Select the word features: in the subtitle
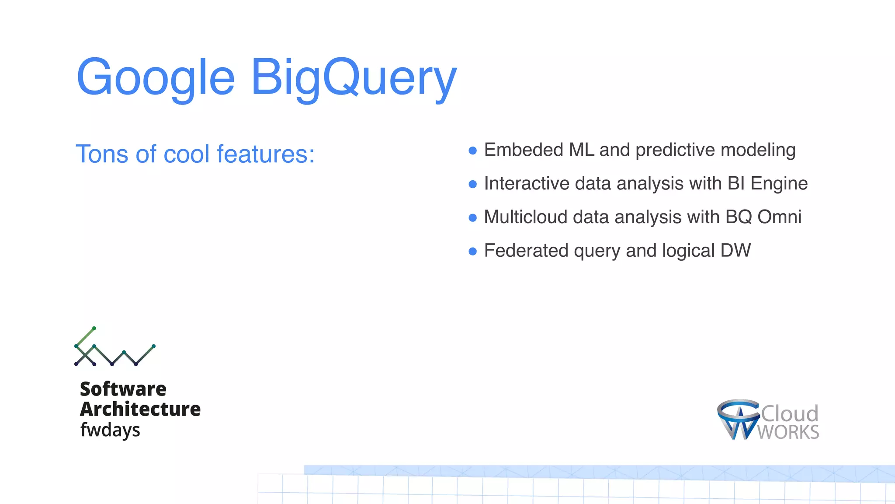265,154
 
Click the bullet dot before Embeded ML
472,150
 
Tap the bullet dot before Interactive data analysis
472,184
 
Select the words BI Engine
767,184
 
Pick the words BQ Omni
763,217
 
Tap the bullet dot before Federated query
472,251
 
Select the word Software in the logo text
123,389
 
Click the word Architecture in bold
140,409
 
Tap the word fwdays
110,430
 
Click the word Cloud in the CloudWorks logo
789,413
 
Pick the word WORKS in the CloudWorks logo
788,432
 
